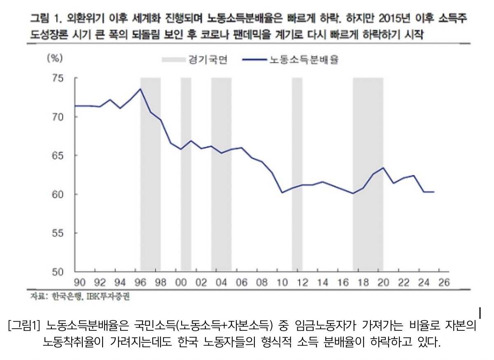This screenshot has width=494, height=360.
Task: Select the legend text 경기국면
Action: pos(212,60)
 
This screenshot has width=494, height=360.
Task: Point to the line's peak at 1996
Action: pos(140,89)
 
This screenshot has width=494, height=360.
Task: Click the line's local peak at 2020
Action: pos(383,168)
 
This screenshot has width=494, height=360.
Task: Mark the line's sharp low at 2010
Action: pos(282,192)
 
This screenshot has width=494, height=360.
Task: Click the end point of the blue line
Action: pos(434,192)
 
